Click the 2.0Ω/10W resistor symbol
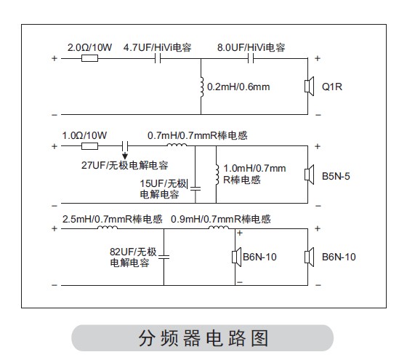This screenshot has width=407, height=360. (90, 58)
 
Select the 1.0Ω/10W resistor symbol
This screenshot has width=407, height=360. (90, 146)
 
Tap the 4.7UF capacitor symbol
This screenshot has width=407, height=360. (158, 58)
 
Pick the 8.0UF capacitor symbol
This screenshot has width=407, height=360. (251, 58)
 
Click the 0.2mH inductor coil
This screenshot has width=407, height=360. (202, 87)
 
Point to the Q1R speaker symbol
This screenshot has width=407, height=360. (309, 87)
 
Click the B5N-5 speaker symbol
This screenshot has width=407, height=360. (309, 175)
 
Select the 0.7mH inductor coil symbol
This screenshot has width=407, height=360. (177, 145)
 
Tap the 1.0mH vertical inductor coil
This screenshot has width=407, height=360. (217, 175)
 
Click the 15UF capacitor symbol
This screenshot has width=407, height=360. (196, 188)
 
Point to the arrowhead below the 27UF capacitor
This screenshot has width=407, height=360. (125, 156)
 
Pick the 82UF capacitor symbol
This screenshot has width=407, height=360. (164, 257)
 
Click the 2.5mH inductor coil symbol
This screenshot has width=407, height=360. (108, 228)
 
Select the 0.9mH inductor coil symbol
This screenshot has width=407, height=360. (219, 228)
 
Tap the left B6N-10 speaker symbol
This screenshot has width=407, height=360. (236, 257)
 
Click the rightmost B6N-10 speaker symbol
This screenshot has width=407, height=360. (309, 257)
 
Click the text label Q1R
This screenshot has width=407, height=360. (332, 87)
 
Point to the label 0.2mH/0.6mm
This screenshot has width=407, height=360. (238, 87)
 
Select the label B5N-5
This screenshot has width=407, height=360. (336, 176)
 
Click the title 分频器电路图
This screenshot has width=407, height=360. (203, 338)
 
